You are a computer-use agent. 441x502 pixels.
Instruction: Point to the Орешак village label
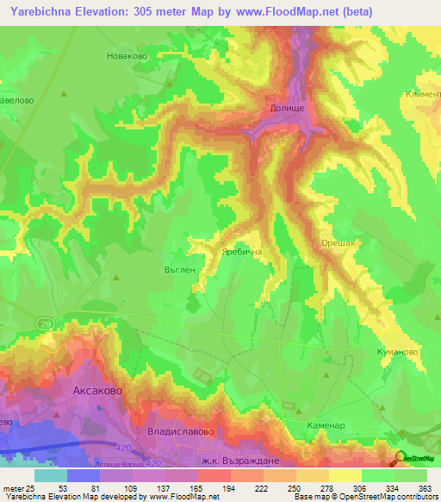338,244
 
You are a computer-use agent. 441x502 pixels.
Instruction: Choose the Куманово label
397,352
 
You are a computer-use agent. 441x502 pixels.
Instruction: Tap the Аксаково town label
96,391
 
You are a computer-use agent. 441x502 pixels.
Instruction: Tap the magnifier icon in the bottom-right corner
400,459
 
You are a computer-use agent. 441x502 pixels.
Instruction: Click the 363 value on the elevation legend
425,488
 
